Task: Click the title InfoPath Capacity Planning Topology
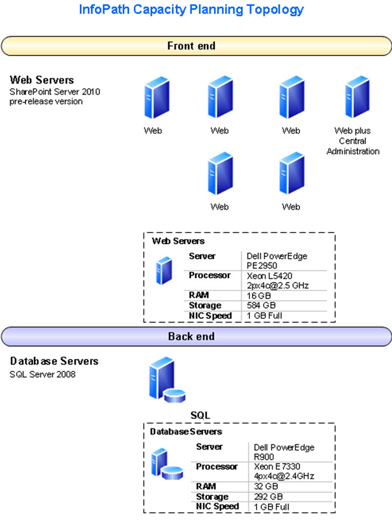point(192,10)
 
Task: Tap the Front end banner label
point(192,46)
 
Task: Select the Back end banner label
point(192,336)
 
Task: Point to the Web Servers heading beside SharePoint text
point(42,80)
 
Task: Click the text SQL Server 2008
point(43,374)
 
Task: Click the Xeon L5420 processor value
point(276,280)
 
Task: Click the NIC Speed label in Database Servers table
point(217,507)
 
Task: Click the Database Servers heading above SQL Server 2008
point(54,361)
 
